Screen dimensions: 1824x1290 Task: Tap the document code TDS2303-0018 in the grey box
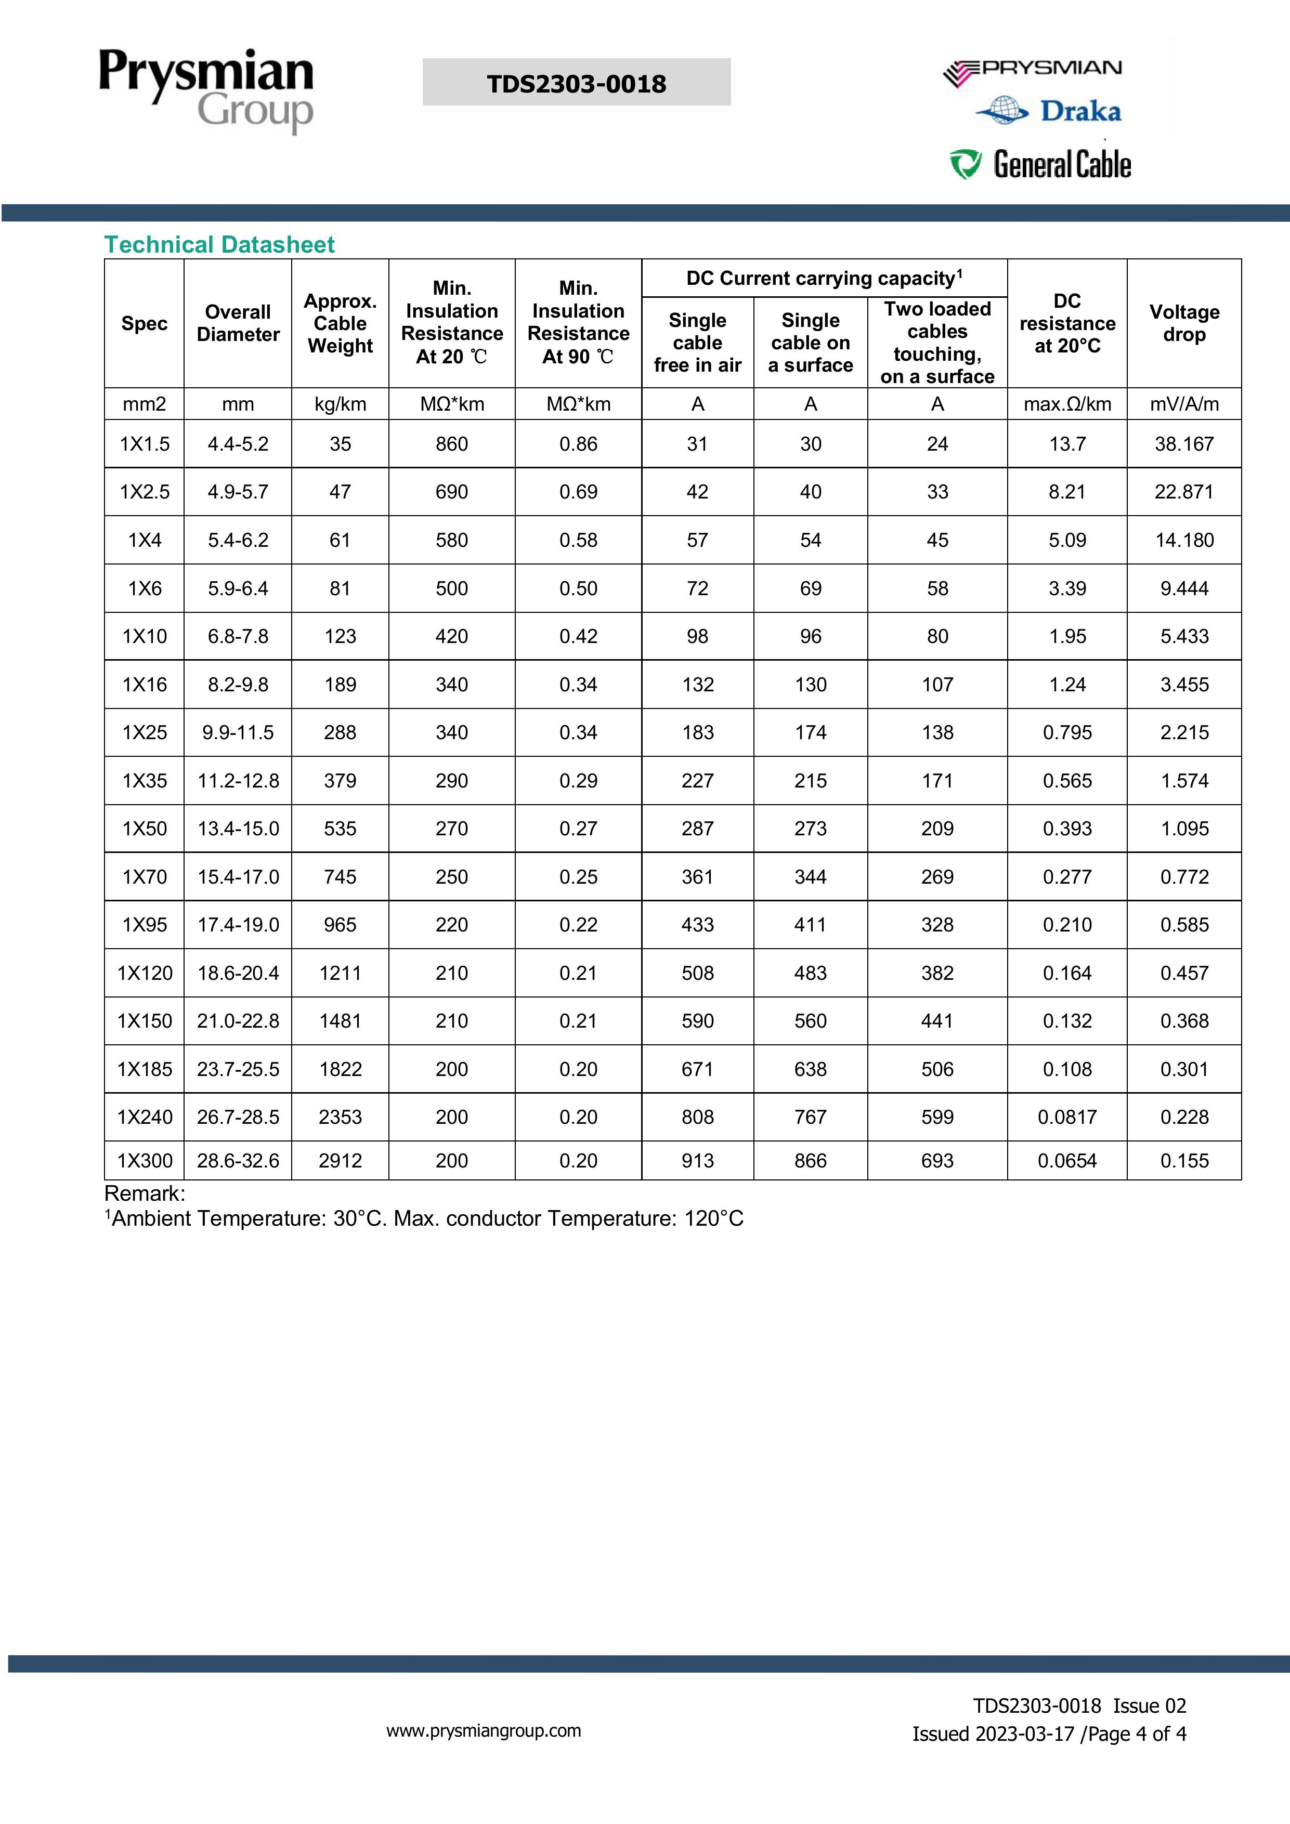pos(576,83)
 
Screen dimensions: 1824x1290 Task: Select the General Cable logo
pos(1041,164)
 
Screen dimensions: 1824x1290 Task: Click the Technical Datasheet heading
pos(219,245)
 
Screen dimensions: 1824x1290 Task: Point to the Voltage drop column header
pos(1183,323)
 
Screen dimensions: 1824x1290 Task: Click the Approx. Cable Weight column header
pos(340,323)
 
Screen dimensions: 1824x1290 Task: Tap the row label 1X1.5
pos(145,444)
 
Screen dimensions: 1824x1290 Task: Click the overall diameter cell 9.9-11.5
pos(238,732)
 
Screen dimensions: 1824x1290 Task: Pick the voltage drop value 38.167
pos(1183,444)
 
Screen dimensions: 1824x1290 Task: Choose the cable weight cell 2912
pos(340,1161)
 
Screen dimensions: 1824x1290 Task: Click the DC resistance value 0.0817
pos(1066,1117)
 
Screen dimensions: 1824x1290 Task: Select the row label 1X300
pos(145,1161)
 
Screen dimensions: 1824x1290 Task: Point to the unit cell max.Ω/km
pos(1066,404)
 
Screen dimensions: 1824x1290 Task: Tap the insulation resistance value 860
pos(451,444)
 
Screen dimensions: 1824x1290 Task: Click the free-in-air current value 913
pos(697,1161)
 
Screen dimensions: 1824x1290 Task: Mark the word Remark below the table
pos(144,1193)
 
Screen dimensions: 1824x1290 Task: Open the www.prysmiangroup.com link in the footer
pos(483,1731)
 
